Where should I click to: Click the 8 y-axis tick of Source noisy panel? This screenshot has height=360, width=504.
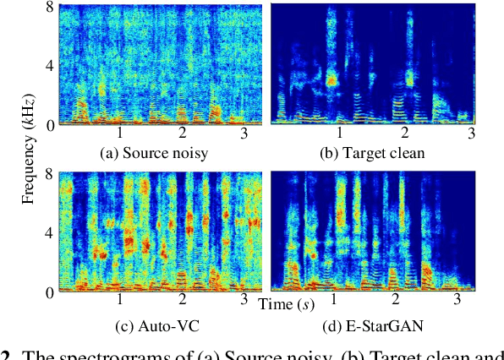point(51,8)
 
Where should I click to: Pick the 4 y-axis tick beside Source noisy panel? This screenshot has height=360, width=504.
point(51,65)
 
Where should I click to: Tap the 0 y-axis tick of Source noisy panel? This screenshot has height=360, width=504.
point(51,124)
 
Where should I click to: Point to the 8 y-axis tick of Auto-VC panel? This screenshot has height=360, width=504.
point(51,176)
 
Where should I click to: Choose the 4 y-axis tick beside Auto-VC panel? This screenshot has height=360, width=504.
point(51,233)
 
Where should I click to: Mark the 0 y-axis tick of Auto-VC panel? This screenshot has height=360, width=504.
point(51,292)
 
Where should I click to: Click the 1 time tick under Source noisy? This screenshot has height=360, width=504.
point(120,134)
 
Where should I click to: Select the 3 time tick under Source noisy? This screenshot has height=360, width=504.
point(244,134)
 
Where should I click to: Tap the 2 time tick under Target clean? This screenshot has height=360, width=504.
point(406,134)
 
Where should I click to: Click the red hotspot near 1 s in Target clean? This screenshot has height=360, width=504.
point(332,79)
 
